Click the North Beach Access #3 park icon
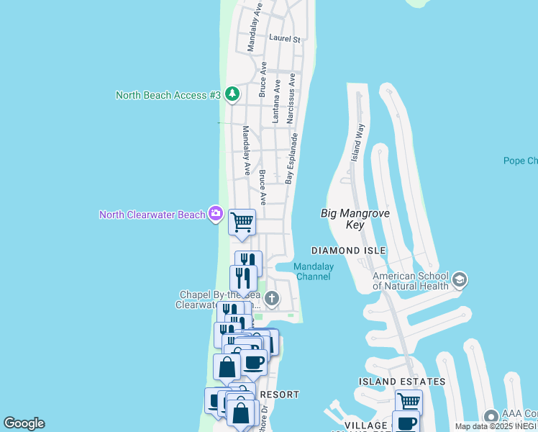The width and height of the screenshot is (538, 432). (232, 94)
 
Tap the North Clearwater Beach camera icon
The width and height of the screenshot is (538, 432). (215, 213)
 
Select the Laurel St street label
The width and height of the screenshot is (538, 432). (283, 38)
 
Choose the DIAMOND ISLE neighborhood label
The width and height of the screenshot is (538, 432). (348, 251)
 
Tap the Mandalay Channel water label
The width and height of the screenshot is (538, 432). (313, 271)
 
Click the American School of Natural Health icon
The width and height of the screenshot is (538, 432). (460, 279)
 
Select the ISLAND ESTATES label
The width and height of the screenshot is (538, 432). (402, 382)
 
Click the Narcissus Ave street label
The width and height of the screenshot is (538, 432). (292, 98)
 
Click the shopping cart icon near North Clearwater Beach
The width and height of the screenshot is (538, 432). (242, 222)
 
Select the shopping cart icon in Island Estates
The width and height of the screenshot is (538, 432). (409, 400)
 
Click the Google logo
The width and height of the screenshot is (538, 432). (24, 423)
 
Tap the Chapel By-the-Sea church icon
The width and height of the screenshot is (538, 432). (273, 298)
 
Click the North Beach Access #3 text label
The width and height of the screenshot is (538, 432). (168, 95)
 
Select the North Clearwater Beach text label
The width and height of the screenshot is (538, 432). (152, 215)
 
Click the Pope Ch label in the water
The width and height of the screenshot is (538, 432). (520, 161)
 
